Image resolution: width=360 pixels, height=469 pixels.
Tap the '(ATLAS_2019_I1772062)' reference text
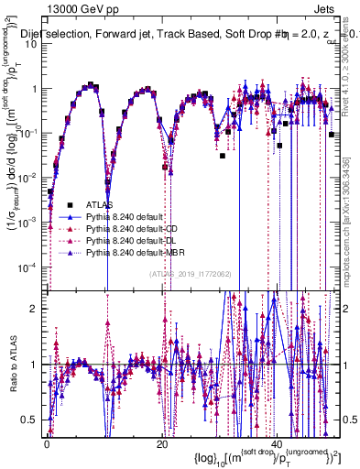click(190, 272)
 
